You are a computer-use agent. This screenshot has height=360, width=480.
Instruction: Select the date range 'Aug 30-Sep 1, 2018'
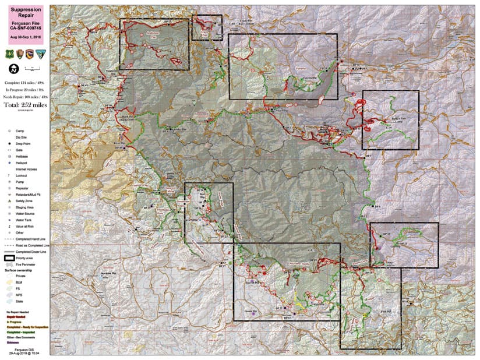(x=24, y=36)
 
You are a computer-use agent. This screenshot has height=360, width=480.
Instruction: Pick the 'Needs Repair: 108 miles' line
(x=24, y=97)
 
